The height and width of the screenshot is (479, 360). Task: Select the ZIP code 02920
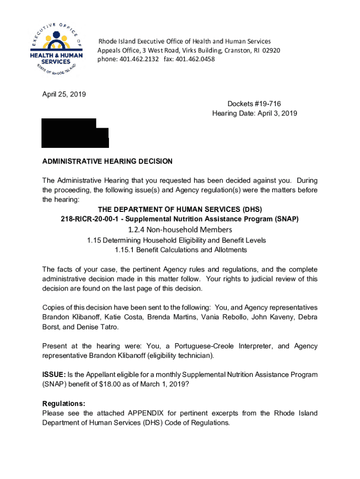[271, 51]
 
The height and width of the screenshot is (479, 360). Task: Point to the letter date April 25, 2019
[64, 94]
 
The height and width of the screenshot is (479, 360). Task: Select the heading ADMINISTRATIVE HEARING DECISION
[108, 161]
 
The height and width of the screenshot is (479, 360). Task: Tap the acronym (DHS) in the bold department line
[252, 209]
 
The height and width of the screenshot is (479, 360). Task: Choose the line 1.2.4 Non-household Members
[180, 229]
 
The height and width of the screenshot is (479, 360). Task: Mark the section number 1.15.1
[124, 250]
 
